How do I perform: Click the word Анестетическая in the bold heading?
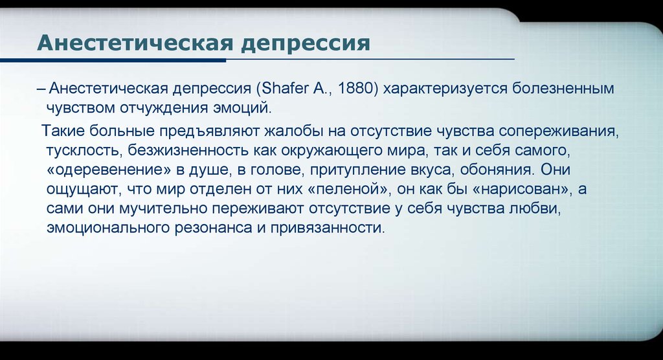pyautogui.click(x=135, y=43)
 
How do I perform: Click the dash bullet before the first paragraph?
pyautogui.click(x=41, y=89)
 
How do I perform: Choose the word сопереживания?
pyautogui.click(x=559, y=131)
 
